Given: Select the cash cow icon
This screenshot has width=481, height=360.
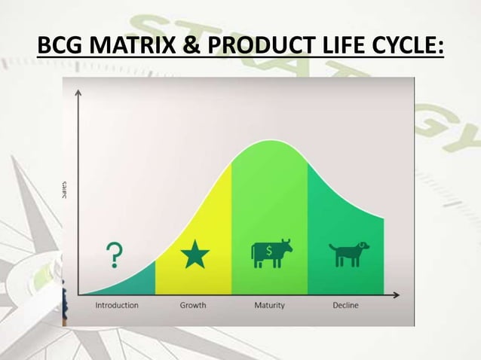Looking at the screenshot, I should click(x=271, y=253).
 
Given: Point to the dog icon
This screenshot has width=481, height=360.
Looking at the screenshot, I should click(x=348, y=254).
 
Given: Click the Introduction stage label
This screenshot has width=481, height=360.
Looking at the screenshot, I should click(x=117, y=305).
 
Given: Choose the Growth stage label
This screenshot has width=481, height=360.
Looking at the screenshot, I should click(x=193, y=305).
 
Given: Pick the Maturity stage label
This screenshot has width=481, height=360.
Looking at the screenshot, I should click(x=270, y=305).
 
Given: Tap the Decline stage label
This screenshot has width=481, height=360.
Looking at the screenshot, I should click(x=346, y=305).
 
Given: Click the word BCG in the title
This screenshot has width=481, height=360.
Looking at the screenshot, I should click(x=61, y=47).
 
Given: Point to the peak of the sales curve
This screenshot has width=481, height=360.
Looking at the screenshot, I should click(x=269, y=141).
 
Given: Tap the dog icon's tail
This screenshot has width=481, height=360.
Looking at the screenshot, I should click(x=331, y=246).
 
